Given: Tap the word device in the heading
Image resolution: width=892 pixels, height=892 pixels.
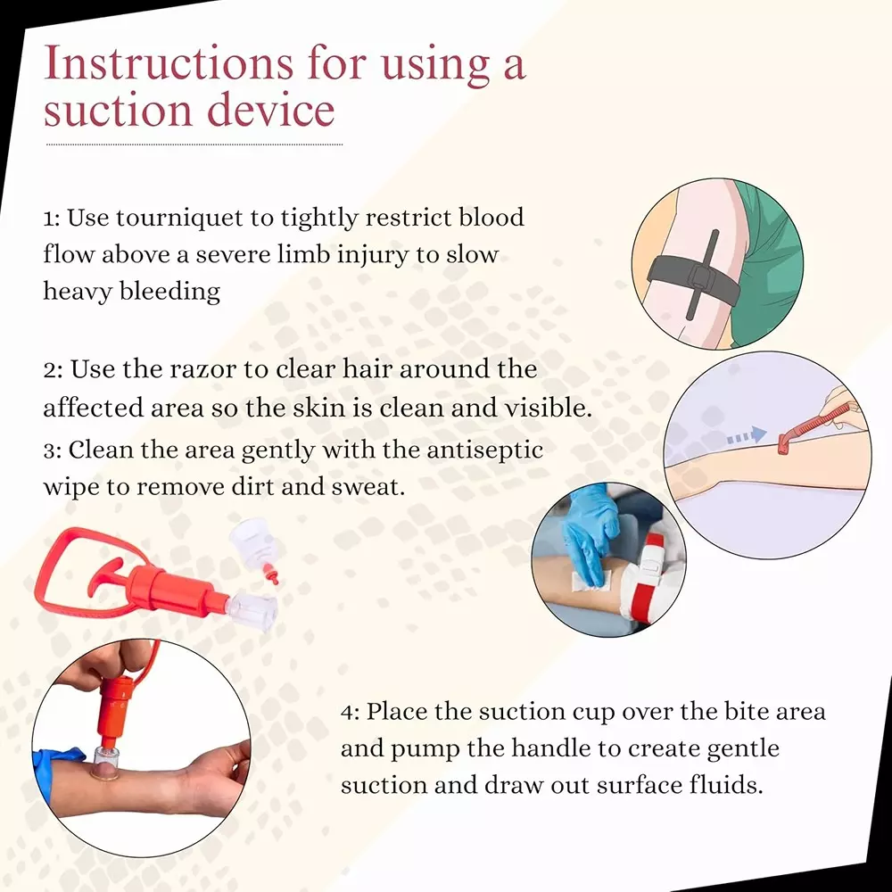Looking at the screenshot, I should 271,111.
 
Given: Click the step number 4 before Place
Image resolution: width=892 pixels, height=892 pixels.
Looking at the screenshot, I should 350,712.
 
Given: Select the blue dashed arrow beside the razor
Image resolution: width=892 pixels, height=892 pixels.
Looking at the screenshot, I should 745,435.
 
